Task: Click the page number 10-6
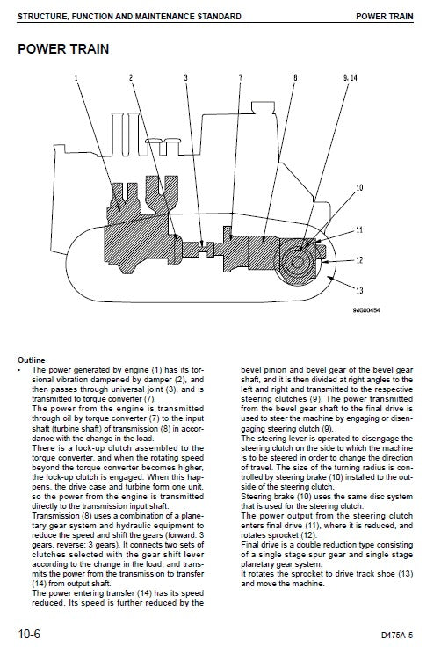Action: pyautogui.click(x=33, y=631)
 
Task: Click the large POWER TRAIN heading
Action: pyautogui.click(x=63, y=48)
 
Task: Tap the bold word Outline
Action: pyautogui.click(x=32, y=360)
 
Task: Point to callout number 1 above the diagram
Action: pyautogui.click(x=76, y=79)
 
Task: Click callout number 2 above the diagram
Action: pyautogui.click(x=132, y=79)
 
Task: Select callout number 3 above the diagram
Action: pyautogui.click(x=185, y=79)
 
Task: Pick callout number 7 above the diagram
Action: pyautogui.click(x=240, y=79)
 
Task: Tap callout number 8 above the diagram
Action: pyautogui.click(x=295, y=79)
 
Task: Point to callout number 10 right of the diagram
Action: pyautogui.click(x=358, y=188)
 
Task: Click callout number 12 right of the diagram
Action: pyautogui.click(x=358, y=259)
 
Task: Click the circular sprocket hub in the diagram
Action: pyautogui.click(x=300, y=260)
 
